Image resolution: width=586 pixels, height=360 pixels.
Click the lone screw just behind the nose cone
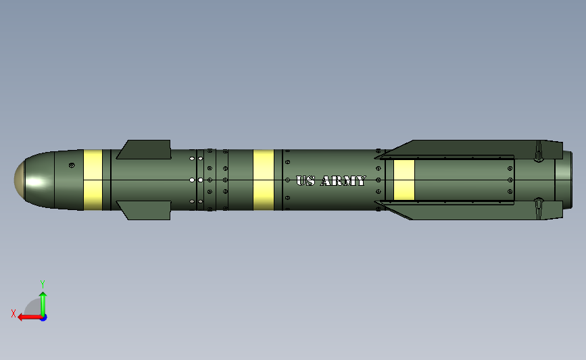pyautogui.click(x=72, y=165)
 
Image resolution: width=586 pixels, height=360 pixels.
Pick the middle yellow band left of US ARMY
pyautogui.click(x=264, y=180)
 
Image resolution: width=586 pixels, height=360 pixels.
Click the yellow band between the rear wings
pyautogui.click(x=404, y=180)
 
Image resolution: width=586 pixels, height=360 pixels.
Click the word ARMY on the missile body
pyautogui.click(x=343, y=181)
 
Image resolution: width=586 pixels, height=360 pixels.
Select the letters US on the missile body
pyautogui.click(x=306, y=181)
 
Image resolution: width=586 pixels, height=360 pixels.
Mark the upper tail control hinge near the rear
pyautogui.click(x=539, y=151)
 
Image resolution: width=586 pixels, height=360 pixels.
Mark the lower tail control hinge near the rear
pyautogui.click(x=539, y=209)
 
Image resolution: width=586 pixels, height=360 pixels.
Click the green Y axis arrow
pyautogui.click(x=43, y=303)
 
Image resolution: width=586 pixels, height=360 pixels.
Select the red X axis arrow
pyautogui.click(x=27, y=317)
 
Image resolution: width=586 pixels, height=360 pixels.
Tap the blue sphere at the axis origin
pyautogui.click(x=43, y=317)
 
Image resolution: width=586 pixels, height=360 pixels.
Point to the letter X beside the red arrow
pyautogui.click(x=13, y=313)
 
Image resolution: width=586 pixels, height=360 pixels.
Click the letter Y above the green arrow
pyautogui.click(x=42, y=284)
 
